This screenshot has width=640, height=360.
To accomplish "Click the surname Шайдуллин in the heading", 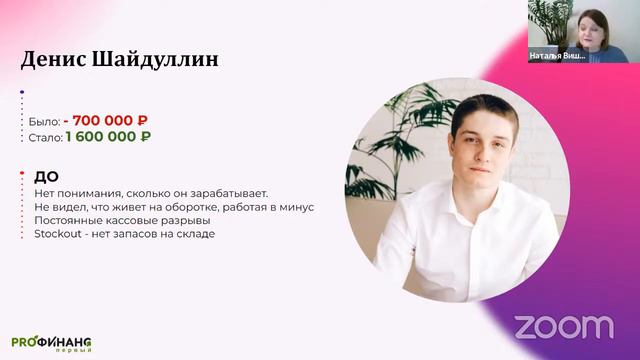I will coord(159,59).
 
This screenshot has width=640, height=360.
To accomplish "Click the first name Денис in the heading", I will coord(58,59).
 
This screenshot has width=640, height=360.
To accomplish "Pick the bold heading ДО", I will coord(46,176).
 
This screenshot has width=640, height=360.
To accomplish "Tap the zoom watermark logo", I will coord(563,326).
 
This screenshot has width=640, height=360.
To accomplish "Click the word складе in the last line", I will coord(196,234).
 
